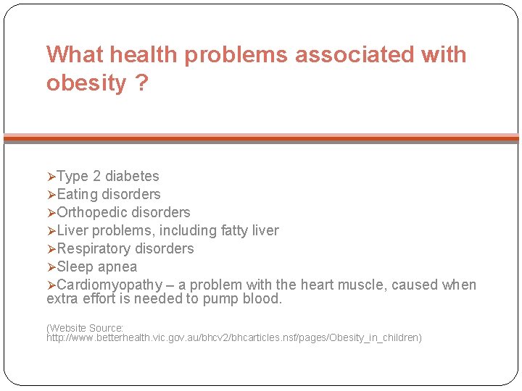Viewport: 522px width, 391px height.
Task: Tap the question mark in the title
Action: (141, 83)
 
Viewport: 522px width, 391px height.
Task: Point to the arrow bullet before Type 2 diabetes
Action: (51, 176)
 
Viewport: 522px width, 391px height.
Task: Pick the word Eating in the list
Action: (78, 194)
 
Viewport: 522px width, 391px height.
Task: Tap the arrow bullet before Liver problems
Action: (51, 230)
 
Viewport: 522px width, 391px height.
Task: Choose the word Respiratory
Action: (94, 248)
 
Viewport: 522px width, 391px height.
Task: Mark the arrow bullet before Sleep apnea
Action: (51, 266)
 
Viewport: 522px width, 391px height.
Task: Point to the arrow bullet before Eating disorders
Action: (51, 194)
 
